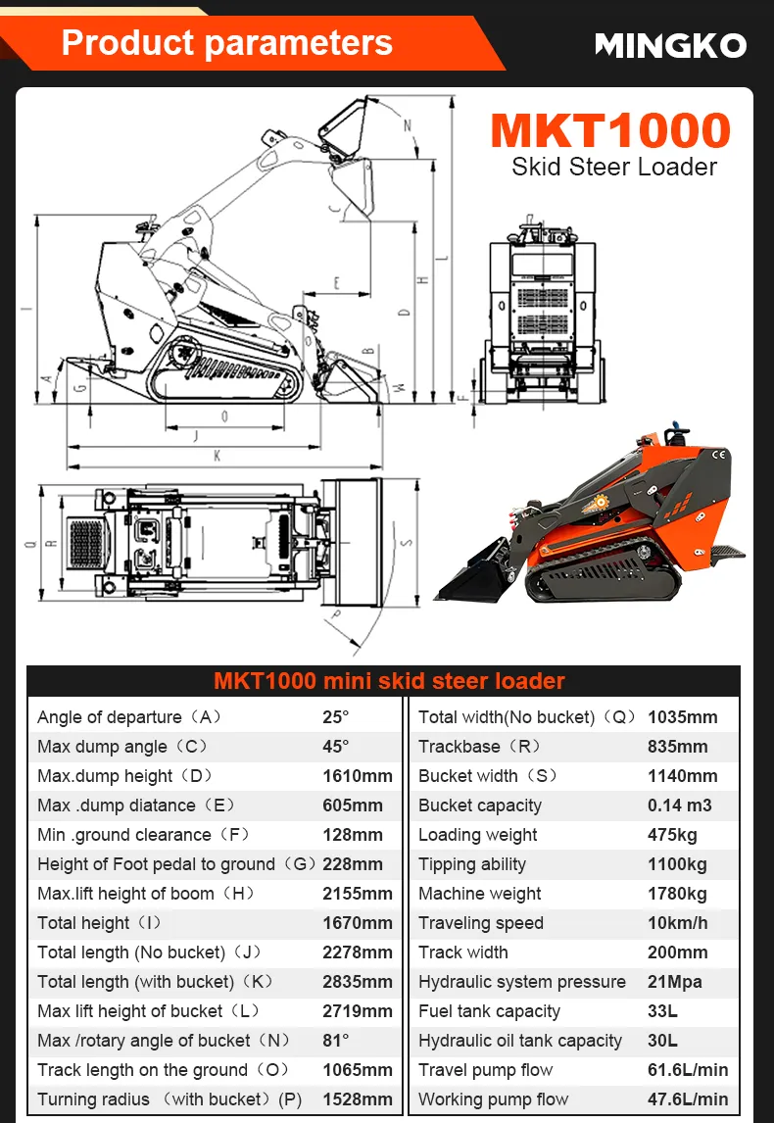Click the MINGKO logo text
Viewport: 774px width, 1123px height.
pos(670,45)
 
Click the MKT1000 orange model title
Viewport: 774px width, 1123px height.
pos(610,130)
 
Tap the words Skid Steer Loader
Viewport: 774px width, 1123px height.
pos(614,167)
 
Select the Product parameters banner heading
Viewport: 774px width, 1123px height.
pos(227,42)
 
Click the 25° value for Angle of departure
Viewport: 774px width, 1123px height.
pos(336,717)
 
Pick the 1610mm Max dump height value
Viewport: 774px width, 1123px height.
pos(358,776)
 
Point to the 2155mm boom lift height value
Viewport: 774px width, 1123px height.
pos(358,894)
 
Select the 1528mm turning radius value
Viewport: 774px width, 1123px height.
pos(358,1099)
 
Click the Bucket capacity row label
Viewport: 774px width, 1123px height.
pos(480,806)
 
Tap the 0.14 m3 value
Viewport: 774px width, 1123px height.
pos(679,806)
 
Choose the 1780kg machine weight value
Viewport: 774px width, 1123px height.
pos(677,894)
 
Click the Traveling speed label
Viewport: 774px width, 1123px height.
pos(481,923)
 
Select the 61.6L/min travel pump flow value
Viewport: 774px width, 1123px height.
pos(688,1070)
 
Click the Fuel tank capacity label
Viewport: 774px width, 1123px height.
pos(490,1011)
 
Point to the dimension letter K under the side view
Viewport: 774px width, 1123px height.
pos(218,456)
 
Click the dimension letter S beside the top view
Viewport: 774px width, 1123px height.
pos(407,542)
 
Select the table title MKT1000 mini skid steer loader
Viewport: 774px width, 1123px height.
pos(389,681)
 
